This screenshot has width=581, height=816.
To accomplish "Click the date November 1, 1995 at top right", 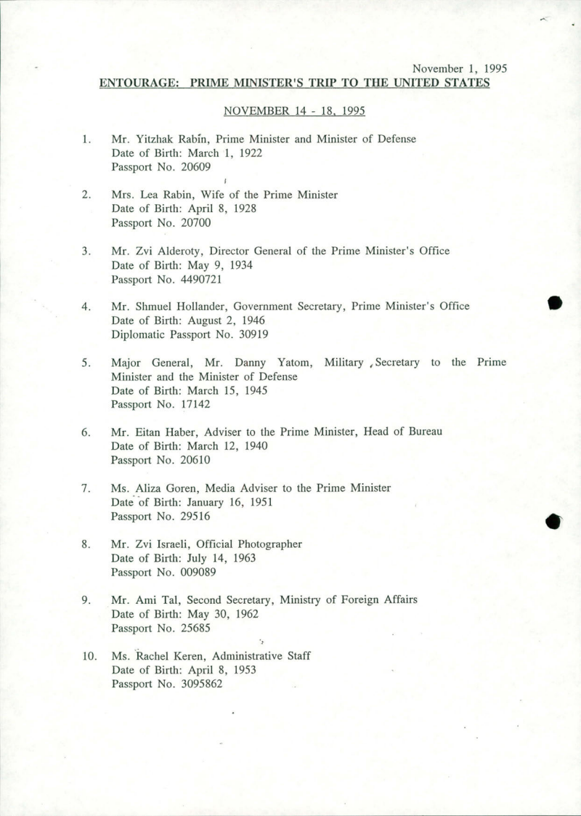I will pos(459,69).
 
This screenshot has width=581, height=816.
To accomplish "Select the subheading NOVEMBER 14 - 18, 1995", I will pos(294,111).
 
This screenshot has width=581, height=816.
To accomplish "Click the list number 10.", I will pos(89,656).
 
